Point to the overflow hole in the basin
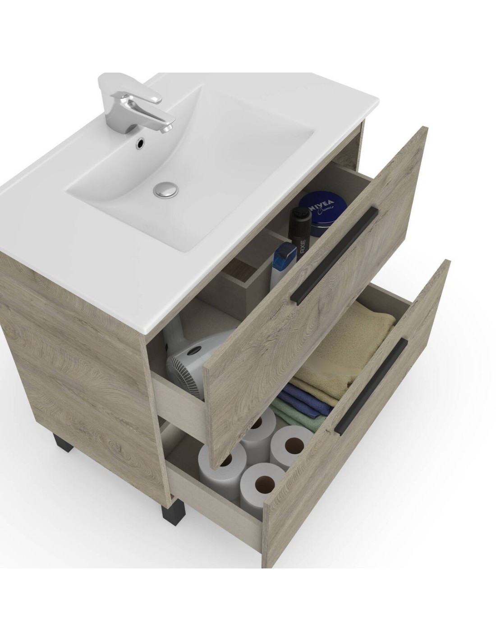tap(139, 144)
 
